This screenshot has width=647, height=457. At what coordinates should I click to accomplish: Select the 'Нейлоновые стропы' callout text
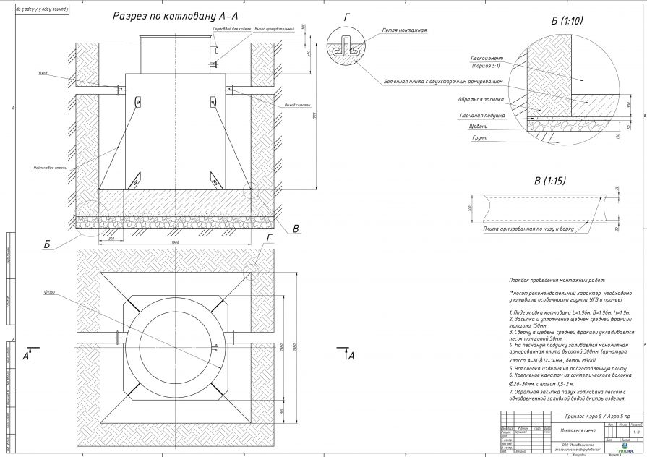(x=51, y=167)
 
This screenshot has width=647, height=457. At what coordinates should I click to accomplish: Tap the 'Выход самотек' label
(x=281, y=105)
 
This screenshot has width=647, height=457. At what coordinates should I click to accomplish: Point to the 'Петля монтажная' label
(x=405, y=31)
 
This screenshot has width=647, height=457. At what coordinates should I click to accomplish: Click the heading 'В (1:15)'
(x=549, y=179)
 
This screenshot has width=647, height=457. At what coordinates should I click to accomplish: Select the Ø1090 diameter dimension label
(x=50, y=291)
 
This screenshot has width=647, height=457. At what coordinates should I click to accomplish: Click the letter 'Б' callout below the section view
(x=47, y=244)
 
